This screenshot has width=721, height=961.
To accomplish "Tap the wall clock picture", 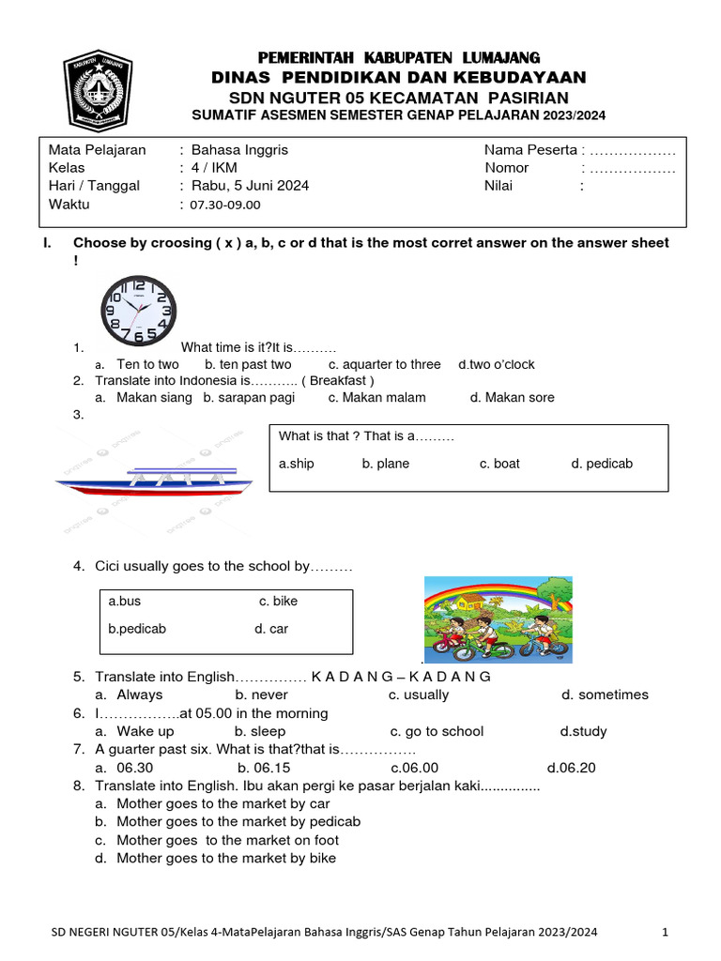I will pos(139,310).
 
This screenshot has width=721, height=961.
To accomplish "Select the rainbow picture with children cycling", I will pos(498,619).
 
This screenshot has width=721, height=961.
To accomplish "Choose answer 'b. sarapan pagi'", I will pos(249,397).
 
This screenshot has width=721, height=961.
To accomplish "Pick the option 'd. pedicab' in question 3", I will pos(602,464).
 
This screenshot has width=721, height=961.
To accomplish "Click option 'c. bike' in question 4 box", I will pos(278,601).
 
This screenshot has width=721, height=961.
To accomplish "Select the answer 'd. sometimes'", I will pos(605,694).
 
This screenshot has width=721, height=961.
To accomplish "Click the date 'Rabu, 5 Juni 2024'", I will pos(250,186).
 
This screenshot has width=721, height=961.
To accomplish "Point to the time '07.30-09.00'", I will pos(225,205).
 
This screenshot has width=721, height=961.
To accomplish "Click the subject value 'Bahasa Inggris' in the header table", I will pos(239,150).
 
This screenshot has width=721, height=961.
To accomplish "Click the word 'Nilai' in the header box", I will pos(500,186).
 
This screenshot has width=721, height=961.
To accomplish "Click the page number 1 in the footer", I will pos(665,932).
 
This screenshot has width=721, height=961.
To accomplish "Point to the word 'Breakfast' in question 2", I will pos(341,380).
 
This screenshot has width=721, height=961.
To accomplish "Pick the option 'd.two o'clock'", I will pos(497,364).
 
